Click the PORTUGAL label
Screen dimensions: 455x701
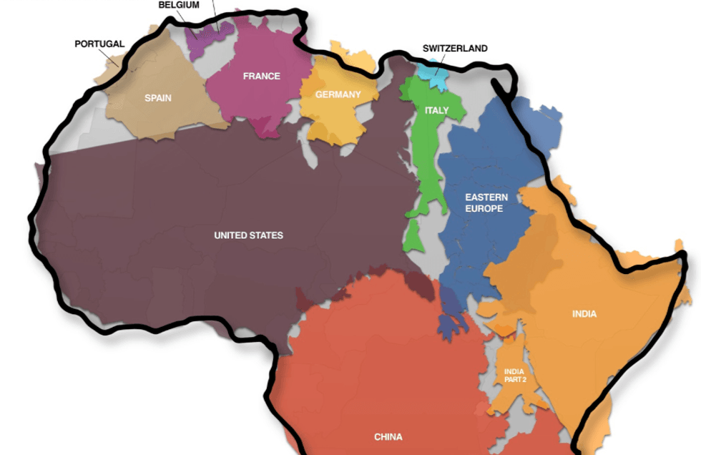pos(99,44)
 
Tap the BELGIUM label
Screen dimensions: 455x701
pos(179,4)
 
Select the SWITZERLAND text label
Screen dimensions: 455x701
pos(455,49)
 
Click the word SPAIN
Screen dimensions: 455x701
pos(158,98)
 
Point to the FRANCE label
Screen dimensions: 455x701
pos(261,76)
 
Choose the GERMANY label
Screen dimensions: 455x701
pos(338,94)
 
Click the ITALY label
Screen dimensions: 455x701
pos(436,110)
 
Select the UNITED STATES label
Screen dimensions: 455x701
pos(248,235)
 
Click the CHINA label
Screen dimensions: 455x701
pos(388,436)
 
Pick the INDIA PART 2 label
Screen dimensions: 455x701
pos(515,376)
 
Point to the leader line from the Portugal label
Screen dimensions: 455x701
pos(114,57)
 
